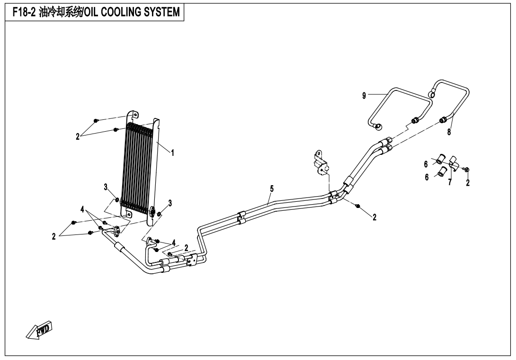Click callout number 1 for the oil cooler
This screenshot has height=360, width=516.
tap(172, 153)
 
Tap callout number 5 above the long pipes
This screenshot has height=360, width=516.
tap(272, 189)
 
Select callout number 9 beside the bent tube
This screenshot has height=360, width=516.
tap(364, 96)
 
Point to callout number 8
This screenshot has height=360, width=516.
tap(449, 133)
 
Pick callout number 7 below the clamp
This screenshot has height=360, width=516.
tap(450, 182)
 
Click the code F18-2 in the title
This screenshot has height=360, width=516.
tap(24, 12)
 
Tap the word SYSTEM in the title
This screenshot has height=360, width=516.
tap(162, 12)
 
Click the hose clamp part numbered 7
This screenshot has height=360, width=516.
tap(454, 163)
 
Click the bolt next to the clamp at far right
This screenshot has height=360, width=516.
tap(467, 169)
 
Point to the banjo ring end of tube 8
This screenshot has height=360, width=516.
tap(432, 95)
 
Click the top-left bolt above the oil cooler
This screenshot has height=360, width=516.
tap(96, 121)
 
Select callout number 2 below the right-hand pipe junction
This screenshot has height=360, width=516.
tap(374, 217)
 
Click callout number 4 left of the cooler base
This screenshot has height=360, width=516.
tap(82, 209)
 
